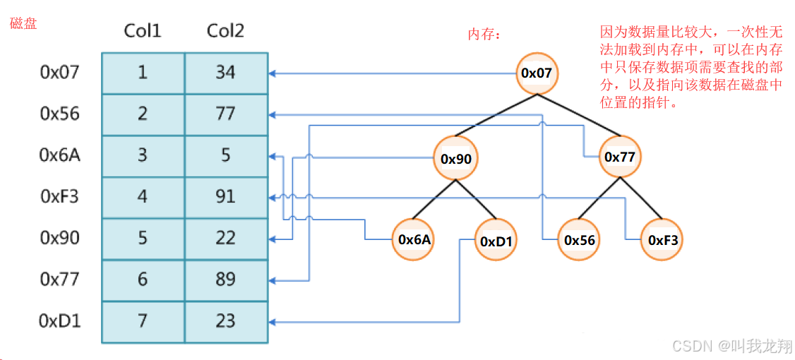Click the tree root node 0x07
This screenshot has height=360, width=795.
[536, 72]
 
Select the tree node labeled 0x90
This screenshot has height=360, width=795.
[456, 158]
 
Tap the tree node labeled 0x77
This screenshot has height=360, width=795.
[620, 157]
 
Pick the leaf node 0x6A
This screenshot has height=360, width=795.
[414, 240]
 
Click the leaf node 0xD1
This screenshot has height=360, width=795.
[497, 241]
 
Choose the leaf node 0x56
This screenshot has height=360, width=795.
[579, 240]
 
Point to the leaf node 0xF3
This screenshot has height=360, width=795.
[662, 240]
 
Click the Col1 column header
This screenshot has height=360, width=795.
[143, 31]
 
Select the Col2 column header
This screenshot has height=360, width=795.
[225, 31]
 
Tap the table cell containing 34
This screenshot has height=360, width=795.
[226, 73]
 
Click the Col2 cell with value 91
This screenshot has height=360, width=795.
[226, 196]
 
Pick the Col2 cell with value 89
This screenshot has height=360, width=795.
[226, 280]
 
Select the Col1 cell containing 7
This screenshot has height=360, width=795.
[143, 321]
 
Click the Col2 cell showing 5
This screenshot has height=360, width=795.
[226, 155]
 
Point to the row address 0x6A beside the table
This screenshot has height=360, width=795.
[60, 155]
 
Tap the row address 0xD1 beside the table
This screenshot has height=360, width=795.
[60, 321]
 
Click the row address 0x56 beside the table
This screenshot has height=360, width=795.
[60, 114]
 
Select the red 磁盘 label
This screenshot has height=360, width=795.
[23, 23]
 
